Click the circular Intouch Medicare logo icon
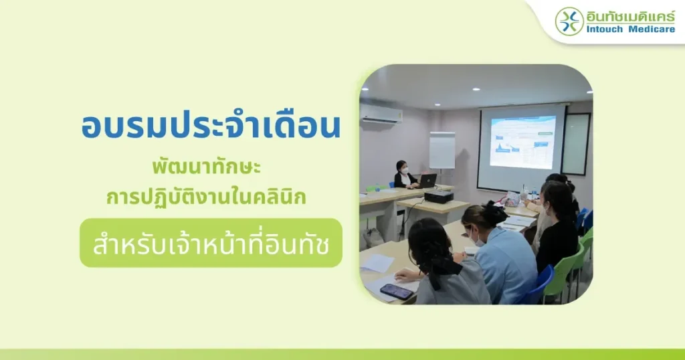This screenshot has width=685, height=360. [x=569, y=21]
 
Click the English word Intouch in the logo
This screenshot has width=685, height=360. [x=605, y=29]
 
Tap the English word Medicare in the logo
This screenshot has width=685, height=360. [x=652, y=29]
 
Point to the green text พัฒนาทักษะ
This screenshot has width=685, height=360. [x=206, y=167]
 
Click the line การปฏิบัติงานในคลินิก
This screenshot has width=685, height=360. [x=206, y=196]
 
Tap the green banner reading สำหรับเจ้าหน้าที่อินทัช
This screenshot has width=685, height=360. [x=211, y=243]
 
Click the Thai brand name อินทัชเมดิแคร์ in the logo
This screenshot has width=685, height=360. [x=630, y=16]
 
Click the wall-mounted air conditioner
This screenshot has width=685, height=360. [x=381, y=114]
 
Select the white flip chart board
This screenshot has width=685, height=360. [x=442, y=151]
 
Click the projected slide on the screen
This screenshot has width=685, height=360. [x=522, y=142]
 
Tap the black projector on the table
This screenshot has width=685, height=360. [x=439, y=196]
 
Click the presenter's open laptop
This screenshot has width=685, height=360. [x=426, y=181]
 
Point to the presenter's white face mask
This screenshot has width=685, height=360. [x=405, y=169]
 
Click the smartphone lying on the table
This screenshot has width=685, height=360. [x=396, y=291]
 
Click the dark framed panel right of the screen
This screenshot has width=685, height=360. [x=576, y=144]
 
